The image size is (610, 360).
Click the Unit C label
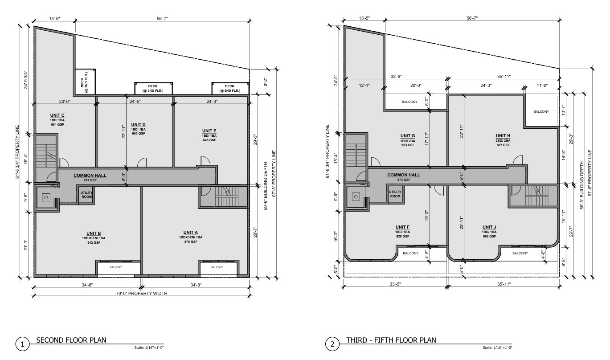[x=57, y=115]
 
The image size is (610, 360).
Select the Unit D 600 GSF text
[x=138, y=134]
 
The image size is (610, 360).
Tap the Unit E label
[x=209, y=131]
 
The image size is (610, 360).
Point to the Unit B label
[x=94, y=233]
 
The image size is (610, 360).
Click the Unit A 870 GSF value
[x=191, y=242]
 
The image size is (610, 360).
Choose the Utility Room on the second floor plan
[x=86, y=195]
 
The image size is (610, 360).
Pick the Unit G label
[x=408, y=136]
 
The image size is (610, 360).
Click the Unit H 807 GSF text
[x=503, y=145]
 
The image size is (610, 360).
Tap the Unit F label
[x=402, y=227]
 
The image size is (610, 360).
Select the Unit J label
[x=489, y=227]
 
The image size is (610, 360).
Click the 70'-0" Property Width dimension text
[x=142, y=293]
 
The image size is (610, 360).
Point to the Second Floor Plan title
[x=71, y=340]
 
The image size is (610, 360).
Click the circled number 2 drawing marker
[x=332, y=344]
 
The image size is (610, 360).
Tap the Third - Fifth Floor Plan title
[x=391, y=340]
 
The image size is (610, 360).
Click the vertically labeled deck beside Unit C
[x=85, y=82]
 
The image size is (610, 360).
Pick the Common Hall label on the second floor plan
[x=90, y=176]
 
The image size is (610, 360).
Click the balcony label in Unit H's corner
[x=541, y=112]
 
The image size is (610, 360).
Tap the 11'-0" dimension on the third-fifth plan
[x=542, y=86]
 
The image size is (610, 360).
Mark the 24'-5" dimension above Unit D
[x=135, y=102]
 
